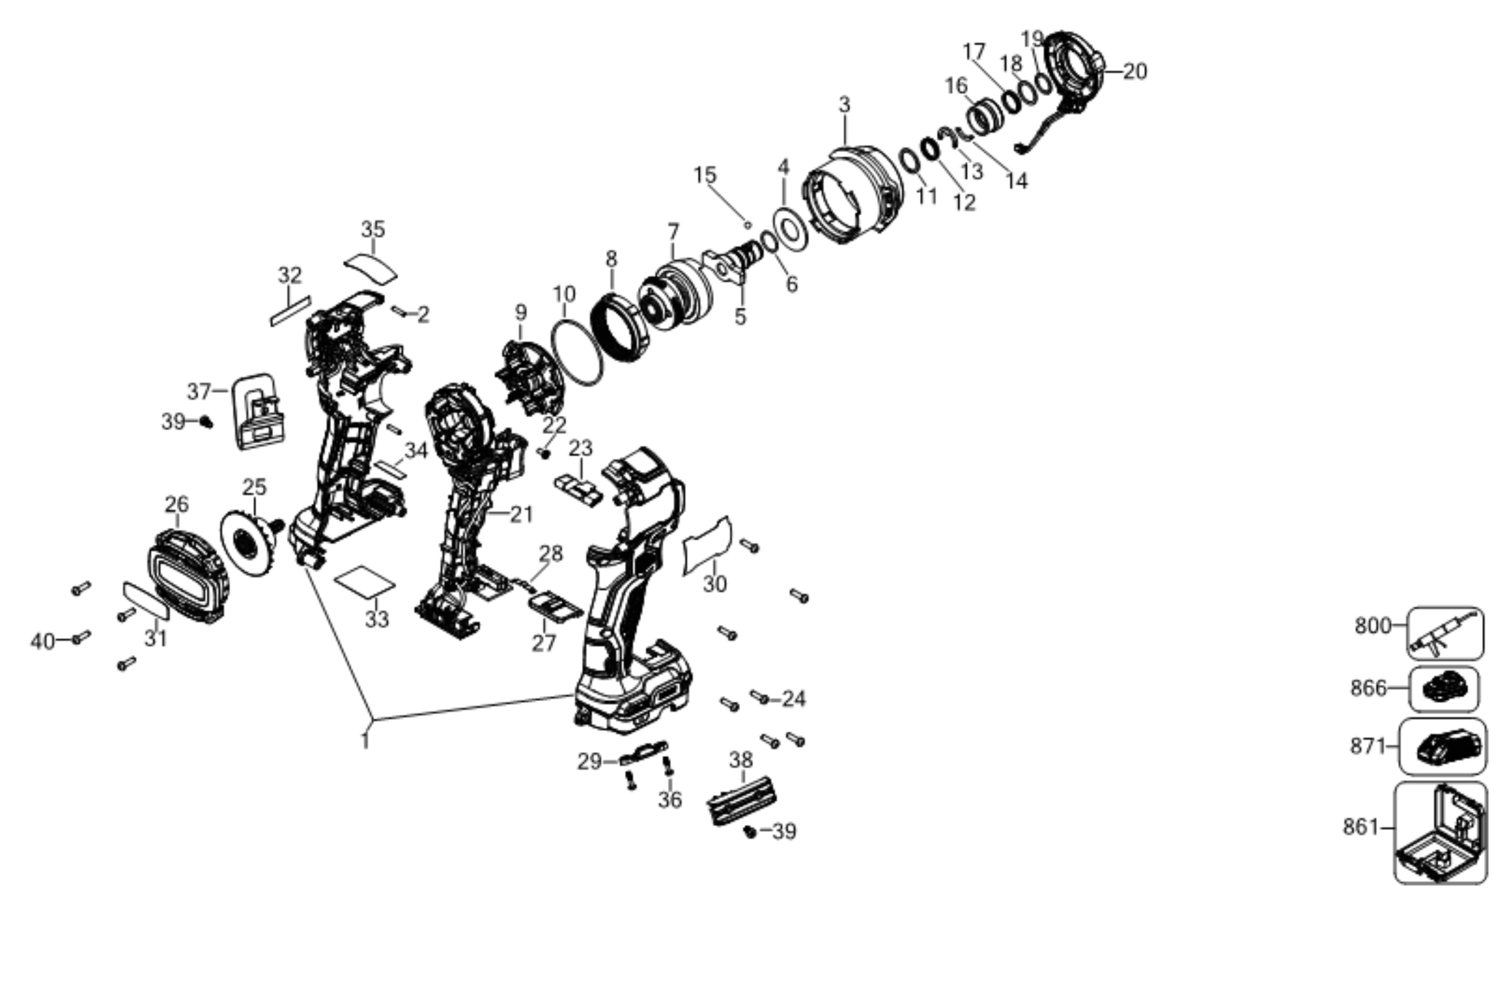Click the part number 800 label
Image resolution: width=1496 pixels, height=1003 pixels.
pyautogui.click(x=1372, y=626)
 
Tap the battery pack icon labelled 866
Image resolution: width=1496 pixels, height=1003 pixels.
pyautogui.click(x=1444, y=689)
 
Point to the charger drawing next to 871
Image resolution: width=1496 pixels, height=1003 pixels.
pyautogui.click(x=1444, y=747)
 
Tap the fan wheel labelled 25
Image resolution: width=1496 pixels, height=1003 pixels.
pyautogui.click(x=250, y=545)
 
